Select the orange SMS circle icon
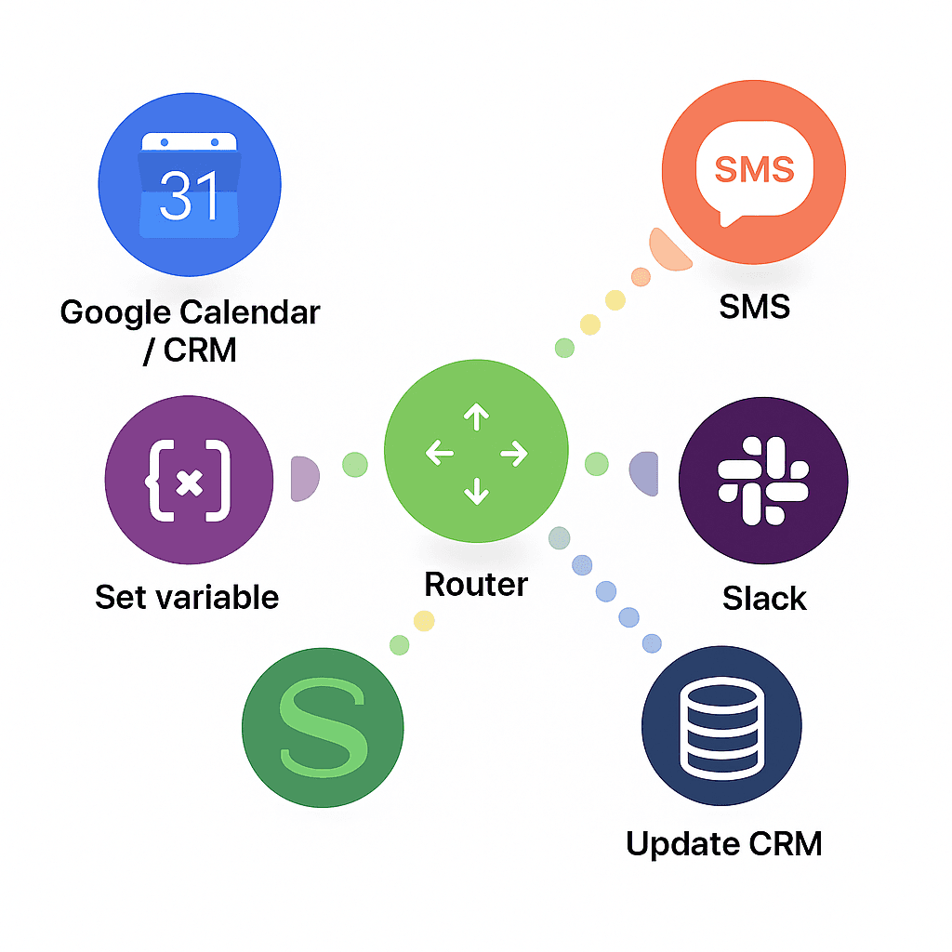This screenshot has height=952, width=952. [754, 172]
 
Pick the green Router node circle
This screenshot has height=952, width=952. [476, 454]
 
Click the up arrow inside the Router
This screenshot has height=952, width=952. [476, 417]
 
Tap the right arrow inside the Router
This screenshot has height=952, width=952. [514, 454]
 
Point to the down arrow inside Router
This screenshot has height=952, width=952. [476, 491]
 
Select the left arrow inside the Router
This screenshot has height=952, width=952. [439, 454]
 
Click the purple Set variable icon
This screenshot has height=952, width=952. [190, 481]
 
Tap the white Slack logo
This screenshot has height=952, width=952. [763, 480]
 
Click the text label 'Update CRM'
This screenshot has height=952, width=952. [723, 844]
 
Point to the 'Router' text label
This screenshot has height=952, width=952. [476, 585]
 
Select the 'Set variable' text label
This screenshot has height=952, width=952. [187, 597]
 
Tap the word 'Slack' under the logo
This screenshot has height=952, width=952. [764, 599]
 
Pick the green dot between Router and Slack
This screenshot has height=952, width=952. [597, 464]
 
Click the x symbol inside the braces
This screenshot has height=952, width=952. [190, 482]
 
